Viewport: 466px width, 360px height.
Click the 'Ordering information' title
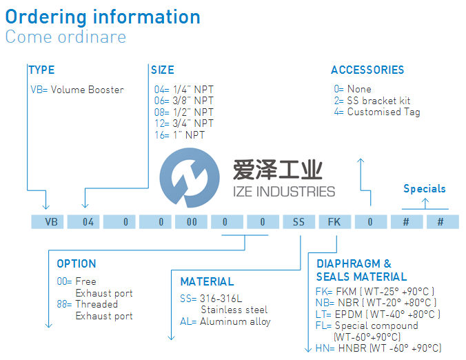(x=103, y=17)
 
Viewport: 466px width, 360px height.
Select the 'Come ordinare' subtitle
(x=65, y=37)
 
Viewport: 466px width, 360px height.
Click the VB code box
(x=49, y=222)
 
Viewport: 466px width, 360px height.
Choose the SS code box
(x=298, y=222)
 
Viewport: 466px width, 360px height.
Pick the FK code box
(x=334, y=222)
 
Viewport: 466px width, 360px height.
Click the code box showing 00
(x=191, y=222)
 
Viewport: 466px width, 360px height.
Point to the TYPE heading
(x=41, y=70)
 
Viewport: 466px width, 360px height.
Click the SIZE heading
(x=163, y=70)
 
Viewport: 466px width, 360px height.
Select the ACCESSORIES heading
(x=367, y=70)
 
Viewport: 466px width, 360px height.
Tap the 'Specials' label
(x=424, y=189)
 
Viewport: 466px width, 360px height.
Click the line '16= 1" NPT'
(x=179, y=134)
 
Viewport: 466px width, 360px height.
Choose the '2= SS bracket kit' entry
(x=372, y=101)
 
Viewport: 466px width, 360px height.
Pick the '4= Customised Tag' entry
(x=376, y=112)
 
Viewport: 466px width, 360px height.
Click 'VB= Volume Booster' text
(x=77, y=90)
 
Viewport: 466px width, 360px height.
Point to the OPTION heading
(x=76, y=264)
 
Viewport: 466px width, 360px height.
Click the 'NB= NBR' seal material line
(x=376, y=302)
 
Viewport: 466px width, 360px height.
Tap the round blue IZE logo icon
(x=184, y=181)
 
